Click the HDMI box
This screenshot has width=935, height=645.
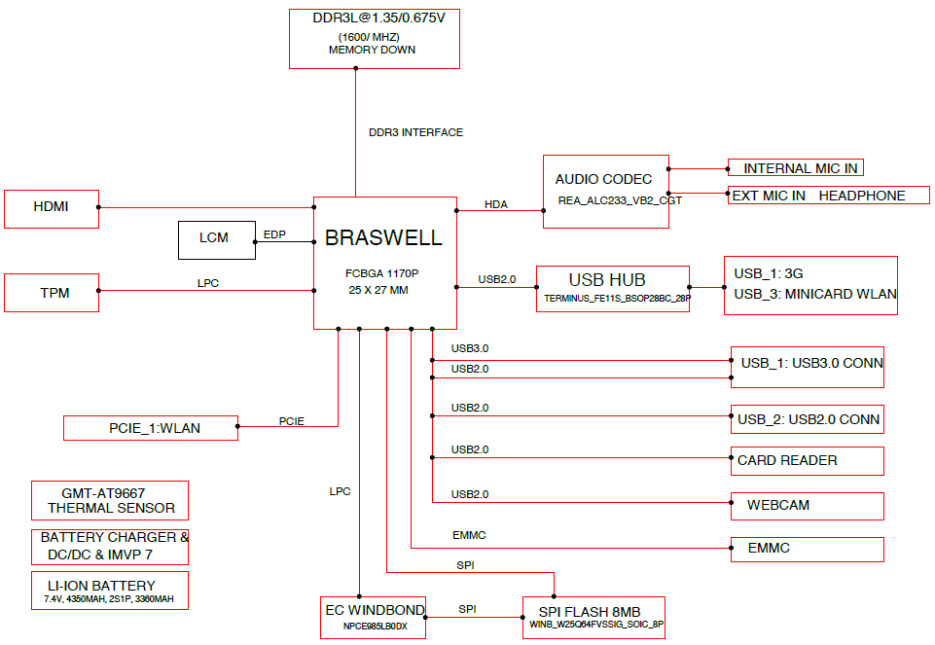(52, 208)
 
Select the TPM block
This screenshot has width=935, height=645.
(52, 293)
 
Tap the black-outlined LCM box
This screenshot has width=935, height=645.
(217, 240)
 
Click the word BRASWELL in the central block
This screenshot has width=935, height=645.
(383, 237)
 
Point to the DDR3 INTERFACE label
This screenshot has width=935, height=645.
(415, 132)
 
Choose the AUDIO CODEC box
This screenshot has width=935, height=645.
(606, 192)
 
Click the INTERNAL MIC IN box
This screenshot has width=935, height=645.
(796, 167)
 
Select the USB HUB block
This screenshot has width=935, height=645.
(613, 289)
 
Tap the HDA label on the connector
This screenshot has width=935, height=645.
(496, 204)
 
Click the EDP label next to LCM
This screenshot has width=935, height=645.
(274, 234)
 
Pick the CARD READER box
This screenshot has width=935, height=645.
(808, 461)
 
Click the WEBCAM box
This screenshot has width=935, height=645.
(808, 506)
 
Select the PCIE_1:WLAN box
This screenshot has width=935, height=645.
(151, 428)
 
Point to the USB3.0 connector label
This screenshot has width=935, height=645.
(470, 348)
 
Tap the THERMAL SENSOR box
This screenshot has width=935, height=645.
(110, 501)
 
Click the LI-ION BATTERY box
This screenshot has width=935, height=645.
(110, 591)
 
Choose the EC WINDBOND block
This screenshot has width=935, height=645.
(374, 618)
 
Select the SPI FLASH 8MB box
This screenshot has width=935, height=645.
(593, 618)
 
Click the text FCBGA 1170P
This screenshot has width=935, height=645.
(381, 273)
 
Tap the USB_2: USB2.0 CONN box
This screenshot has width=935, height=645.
(808, 419)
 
